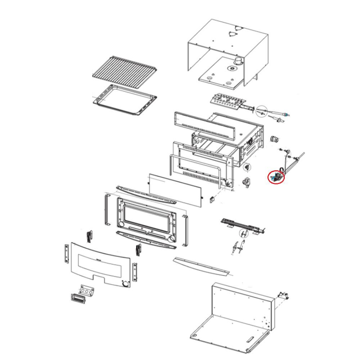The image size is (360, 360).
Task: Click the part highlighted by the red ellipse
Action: click(x=276, y=177)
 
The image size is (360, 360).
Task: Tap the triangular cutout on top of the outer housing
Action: click(x=234, y=33)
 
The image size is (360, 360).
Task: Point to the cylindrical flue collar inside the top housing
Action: click(x=238, y=62)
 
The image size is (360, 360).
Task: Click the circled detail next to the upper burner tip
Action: click(x=262, y=111)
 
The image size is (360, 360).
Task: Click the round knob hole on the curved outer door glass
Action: click(x=125, y=284)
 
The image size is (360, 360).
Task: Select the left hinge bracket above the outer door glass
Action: click(x=89, y=236)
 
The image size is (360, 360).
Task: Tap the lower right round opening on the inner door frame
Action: click(x=172, y=239)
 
